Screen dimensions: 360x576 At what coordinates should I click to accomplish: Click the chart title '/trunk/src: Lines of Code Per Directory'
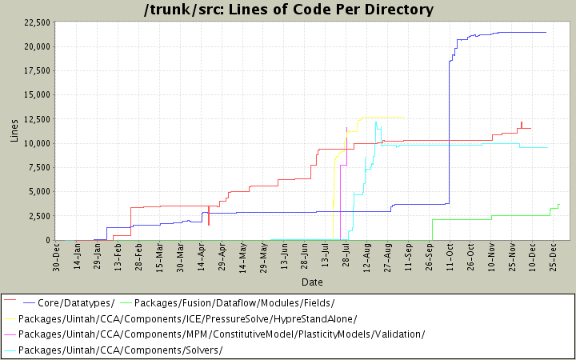[x=287, y=10]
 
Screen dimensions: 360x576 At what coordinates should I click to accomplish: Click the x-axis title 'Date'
[x=312, y=282]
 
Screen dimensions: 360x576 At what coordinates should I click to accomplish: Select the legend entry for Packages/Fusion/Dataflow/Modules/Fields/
[x=234, y=302]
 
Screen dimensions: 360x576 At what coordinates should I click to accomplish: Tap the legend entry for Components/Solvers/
[x=120, y=350]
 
